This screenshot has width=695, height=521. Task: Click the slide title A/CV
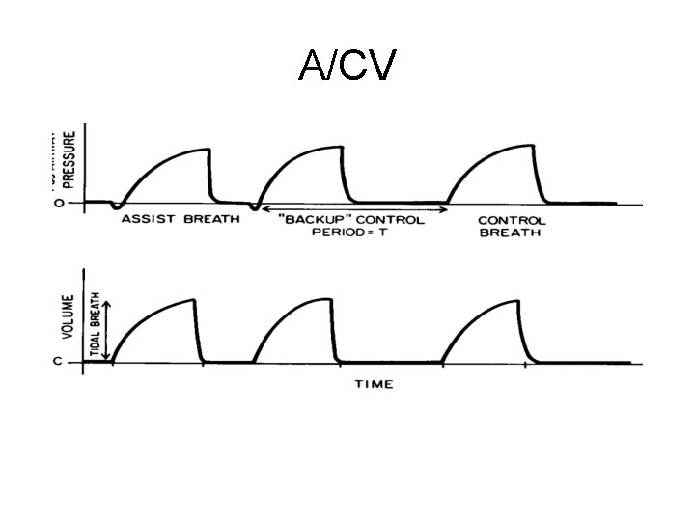347,66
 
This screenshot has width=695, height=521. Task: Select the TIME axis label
374,384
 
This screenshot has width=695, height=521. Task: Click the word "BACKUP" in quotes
308,220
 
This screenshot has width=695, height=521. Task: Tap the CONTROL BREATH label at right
512,227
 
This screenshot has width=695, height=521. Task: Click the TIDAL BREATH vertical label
95,328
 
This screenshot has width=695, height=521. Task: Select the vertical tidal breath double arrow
106,329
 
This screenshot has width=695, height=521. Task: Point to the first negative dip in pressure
116,206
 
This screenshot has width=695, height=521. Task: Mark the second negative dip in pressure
255,207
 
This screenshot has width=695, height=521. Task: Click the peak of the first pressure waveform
208,149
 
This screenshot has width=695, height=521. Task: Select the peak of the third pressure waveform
532,146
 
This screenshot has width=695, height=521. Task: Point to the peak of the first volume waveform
194,300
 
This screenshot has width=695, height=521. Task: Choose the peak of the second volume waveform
333,300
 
